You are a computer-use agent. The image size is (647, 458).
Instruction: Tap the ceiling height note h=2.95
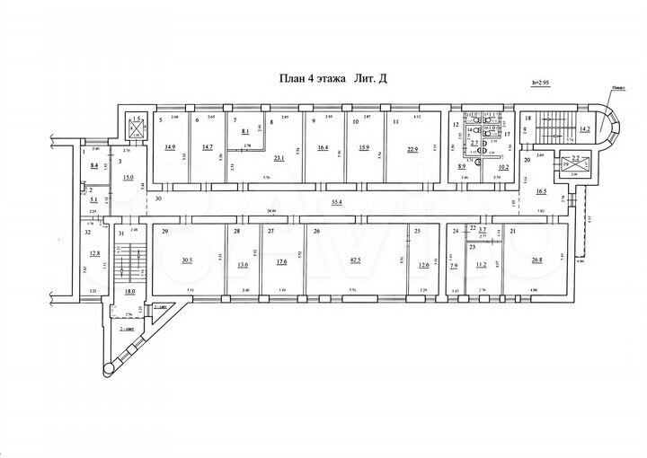(545, 83)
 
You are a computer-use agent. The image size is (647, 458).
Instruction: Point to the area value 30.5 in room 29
(188, 262)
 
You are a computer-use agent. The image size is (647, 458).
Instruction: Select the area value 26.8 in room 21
(537, 262)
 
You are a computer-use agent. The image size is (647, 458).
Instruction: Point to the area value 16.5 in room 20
(541, 192)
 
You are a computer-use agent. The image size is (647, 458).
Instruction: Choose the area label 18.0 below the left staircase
(129, 292)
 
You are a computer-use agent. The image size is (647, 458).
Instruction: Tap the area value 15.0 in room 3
(129, 178)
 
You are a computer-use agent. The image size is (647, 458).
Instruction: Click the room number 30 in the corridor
(159, 198)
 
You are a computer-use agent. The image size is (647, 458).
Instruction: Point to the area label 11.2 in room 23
(481, 264)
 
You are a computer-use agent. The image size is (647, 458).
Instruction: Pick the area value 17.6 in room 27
(281, 263)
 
